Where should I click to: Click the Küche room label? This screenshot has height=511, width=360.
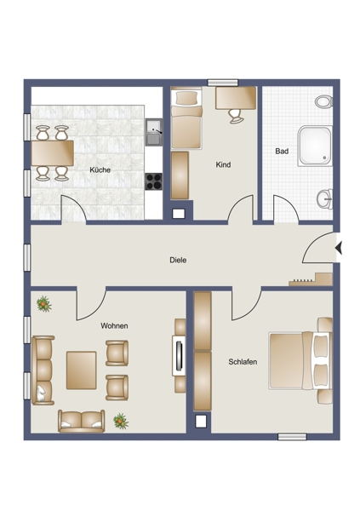coord(100,169)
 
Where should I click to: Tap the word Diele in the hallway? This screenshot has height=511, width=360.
coord(178,260)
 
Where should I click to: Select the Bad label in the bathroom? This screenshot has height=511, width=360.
coord(282,152)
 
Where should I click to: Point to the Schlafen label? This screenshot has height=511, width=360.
coord(243,362)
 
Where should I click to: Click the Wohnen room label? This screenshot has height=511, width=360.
coord(114,326)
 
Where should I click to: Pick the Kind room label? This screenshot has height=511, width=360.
coord(223,165)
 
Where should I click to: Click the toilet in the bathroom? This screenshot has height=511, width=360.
coord(324,101)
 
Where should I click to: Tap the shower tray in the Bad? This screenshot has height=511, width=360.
coord(316,146)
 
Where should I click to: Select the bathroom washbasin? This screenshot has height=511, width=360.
coord(325,198)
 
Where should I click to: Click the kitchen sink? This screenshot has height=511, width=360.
coord(154,132)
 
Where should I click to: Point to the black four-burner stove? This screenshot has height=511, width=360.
coord(153,181)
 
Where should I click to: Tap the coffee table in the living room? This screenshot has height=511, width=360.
coord(82,370)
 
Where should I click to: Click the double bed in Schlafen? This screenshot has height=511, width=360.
coord(300,361)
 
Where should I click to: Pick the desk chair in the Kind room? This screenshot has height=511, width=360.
coord(236,117)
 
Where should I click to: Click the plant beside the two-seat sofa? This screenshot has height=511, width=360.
coord(121,421)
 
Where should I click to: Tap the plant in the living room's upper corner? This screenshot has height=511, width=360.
coord(43,304)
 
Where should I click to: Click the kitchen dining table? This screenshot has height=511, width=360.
coord(53,153)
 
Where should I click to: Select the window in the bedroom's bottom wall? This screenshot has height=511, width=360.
coord(292,437)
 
